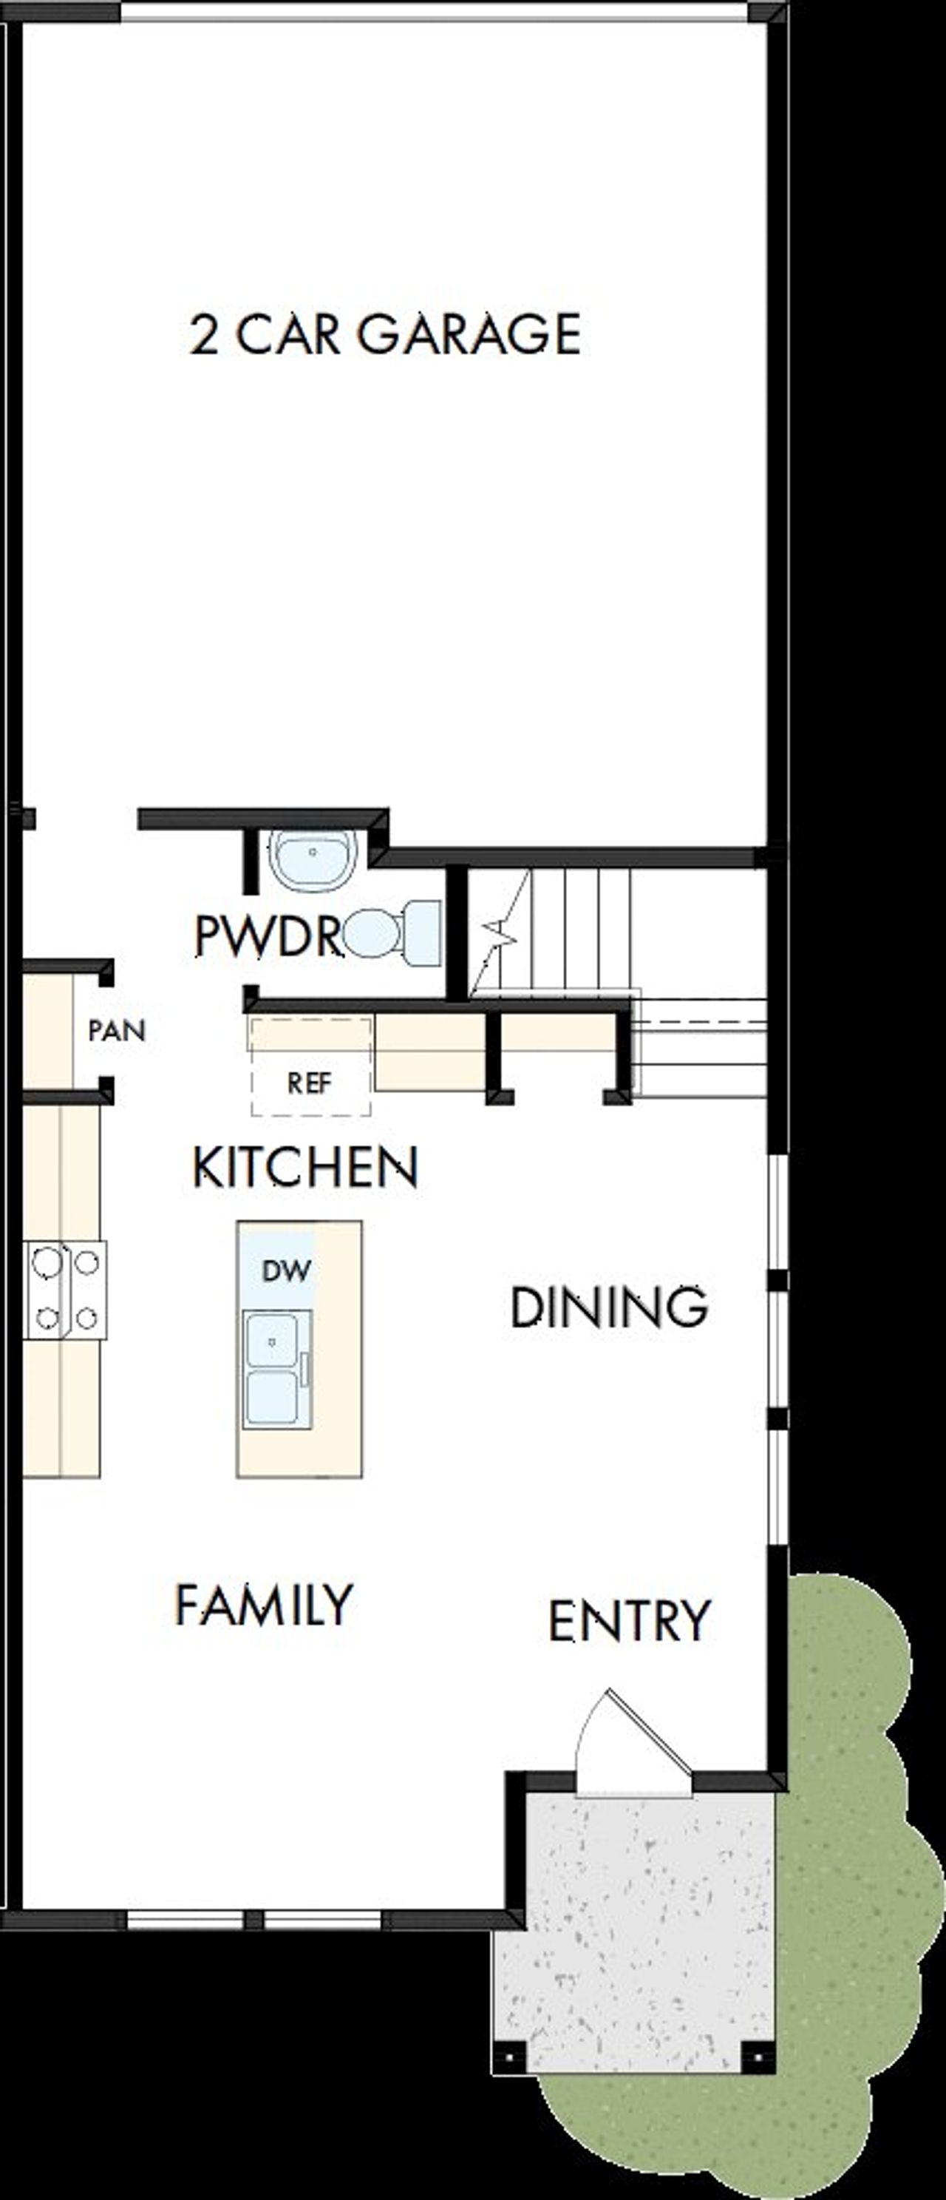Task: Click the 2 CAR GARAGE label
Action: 384,334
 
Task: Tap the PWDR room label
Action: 268,935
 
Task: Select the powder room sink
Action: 313,858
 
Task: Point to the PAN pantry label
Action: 117,1031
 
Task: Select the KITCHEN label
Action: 304,1167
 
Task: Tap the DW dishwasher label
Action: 286,1270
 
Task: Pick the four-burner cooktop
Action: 65,1290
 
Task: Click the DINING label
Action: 608,1307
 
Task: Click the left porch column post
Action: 510,2057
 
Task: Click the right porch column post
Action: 758,2057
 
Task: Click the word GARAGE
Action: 469,334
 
